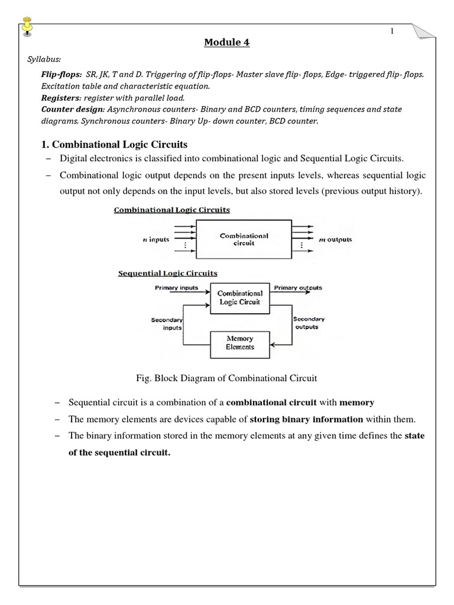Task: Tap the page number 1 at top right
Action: [391, 31]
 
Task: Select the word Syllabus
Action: [44, 60]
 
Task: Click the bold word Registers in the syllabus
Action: [59, 97]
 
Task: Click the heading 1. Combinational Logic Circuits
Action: [120, 145]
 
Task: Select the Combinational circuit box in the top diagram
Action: [244, 240]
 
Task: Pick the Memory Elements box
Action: [239, 343]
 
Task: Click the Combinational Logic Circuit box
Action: [239, 297]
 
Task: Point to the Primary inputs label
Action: [176, 288]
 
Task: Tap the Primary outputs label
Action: [298, 288]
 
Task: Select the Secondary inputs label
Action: [168, 323]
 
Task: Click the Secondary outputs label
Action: [308, 323]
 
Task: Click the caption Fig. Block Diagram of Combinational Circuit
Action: [226, 379]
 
